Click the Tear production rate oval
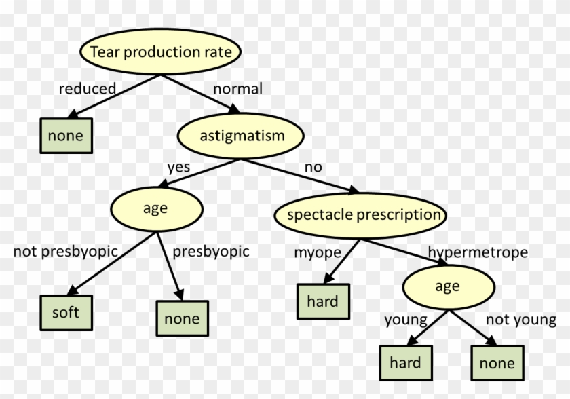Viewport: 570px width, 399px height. pyautogui.click(x=161, y=51)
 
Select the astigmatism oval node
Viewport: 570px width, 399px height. pyautogui.click(x=242, y=136)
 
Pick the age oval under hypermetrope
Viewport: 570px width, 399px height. pyautogui.click(x=447, y=287)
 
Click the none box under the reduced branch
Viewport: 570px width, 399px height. pyautogui.click(x=65, y=136)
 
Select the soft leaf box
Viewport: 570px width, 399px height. pyautogui.click(x=65, y=313)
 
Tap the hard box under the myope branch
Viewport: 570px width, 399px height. pyautogui.click(x=322, y=301)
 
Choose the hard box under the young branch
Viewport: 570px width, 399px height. pyautogui.click(x=405, y=363)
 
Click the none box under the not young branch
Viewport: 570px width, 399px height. pyautogui.click(x=497, y=363)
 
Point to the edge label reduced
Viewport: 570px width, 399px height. pyautogui.click(x=87, y=89)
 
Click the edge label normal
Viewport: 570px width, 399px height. pyautogui.click(x=237, y=89)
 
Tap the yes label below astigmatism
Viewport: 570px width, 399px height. pyautogui.click(x=178, y=167)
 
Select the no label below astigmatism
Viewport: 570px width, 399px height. pyautogui.click(x=313, y=167)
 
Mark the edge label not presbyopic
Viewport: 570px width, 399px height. pyautogui.click(x=66, y=252)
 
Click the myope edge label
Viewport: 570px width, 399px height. pyautogui.click(x=316, y=252)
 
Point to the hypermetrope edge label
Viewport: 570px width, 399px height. pyautogui.click(x=477, y=252)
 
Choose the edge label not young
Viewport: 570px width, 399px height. pyautogui.click(x=520, y=319)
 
